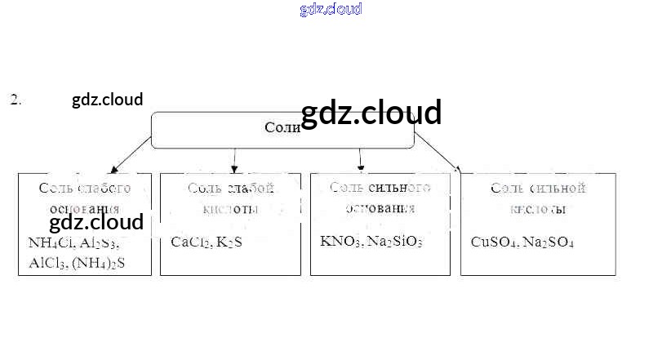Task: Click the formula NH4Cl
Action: pos(51,242)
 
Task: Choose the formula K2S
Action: pos(230,242)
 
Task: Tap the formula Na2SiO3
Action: pos(395,242)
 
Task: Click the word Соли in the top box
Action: pos(282,128)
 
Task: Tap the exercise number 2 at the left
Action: pos(16,100)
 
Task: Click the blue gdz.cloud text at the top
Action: pos(331,10)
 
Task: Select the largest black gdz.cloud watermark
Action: pos(371,113)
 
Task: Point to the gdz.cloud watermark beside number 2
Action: pos(107,100)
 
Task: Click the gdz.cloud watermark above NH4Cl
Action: pos(96,222)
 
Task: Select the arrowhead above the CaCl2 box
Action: pos(235,168)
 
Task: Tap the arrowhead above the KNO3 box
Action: pos(360,167)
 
